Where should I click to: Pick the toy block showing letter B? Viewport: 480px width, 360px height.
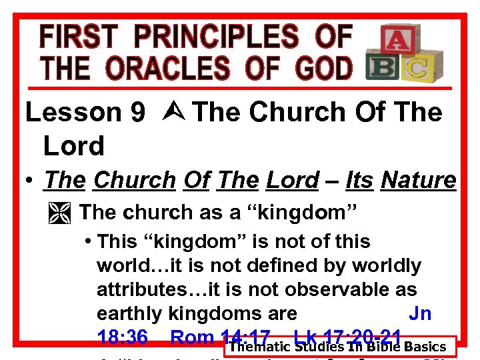(x=383, y=69)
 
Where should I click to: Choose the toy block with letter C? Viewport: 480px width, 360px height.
(x=418, y=67)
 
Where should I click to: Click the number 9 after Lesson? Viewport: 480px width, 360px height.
(x=137, y=113)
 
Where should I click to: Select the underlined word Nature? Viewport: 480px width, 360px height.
(x=419, y=180)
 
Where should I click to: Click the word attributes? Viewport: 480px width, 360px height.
(x=140, y=289)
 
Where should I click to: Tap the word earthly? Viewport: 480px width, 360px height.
(x=130, y=313)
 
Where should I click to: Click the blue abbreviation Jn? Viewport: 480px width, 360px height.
(x=420, y=313)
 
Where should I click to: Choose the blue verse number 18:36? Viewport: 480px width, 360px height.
(x=123, y=337)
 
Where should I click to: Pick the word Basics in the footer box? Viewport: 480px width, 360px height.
(x=423, y=347)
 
